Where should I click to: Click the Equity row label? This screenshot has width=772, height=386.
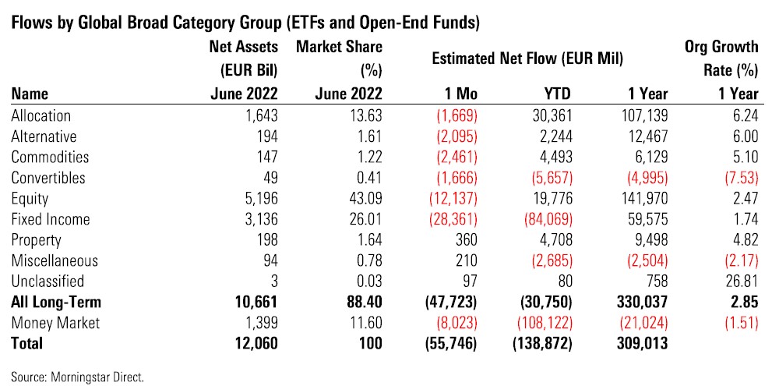tap(28, 199)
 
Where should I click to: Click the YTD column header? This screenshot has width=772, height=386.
tap(556, 94)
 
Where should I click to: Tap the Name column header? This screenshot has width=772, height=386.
tap(30, 94)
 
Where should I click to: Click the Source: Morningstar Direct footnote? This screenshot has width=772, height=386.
tap(78, 376)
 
